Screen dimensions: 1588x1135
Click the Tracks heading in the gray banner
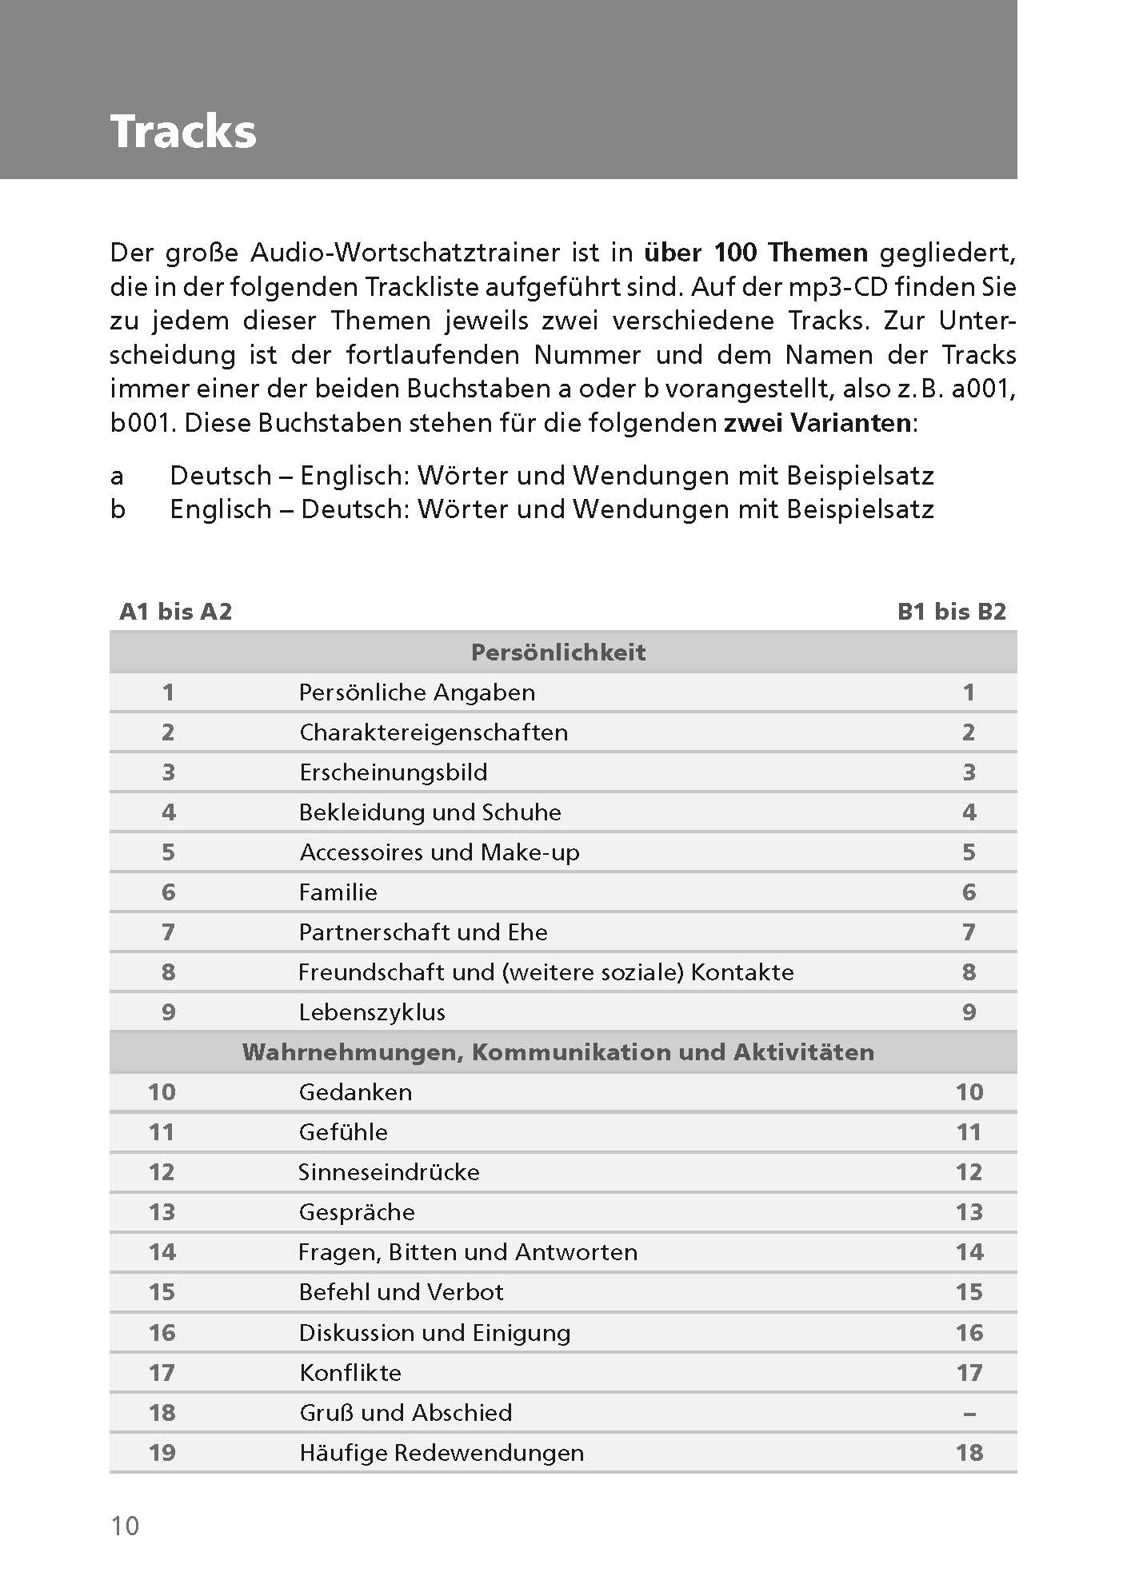tap(183, 132)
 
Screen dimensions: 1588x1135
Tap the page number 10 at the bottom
tap(125, 1526)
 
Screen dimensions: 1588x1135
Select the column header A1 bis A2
tap(175, 612)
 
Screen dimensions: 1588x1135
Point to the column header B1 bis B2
tap(951, 612)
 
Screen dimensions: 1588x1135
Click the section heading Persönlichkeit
tap(558, 652)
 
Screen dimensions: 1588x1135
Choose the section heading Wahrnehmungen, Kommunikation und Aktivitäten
tap(558, 1052)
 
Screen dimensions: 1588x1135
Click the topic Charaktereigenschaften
tap(434, 732)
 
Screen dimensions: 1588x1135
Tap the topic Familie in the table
tap(338, 892)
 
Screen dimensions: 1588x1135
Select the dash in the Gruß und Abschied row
tap(969, 1414)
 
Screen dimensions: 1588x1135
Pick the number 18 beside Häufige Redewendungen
tap(969, 1453)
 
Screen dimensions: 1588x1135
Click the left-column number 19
tap(162, 1453)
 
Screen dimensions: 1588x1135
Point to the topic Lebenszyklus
tap(372, 1012)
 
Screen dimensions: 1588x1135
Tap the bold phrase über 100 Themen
tap(756, 253)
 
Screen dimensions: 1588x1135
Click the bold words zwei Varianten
tap(817, 423)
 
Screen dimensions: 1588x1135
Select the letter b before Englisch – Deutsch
tap(118, 509)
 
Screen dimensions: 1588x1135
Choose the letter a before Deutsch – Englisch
tap(118, 476)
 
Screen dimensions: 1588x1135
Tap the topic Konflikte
tap(350, 1373)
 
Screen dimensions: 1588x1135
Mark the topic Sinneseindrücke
tap(389, 1172)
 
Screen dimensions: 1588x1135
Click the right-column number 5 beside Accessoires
tap(969, 852)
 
